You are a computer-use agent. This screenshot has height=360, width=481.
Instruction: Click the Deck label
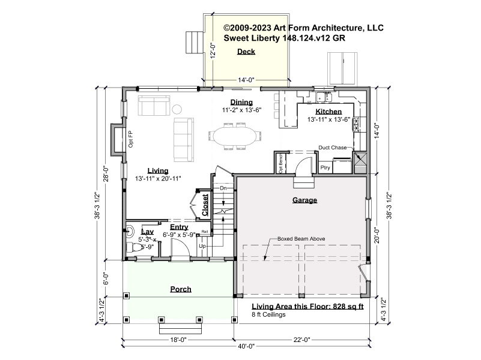[x=246, y=52]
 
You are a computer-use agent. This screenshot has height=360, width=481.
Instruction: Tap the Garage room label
[x=304, y=200]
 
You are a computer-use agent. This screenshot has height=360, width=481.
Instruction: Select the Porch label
[x=181, y=289]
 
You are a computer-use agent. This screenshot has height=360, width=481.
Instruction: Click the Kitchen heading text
[x=328, y=112]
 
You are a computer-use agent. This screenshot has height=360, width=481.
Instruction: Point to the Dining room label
[x=241, y=102]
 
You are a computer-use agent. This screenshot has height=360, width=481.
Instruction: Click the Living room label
[x=158, y=170]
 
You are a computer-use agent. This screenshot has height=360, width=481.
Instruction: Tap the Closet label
[x=205, y=205]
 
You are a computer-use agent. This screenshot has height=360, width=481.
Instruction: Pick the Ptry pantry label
[x=325, y=167]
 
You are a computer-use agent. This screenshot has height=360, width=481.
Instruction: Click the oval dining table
[x=235, y=136]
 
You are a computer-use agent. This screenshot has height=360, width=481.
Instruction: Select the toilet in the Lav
[x=135, y=247]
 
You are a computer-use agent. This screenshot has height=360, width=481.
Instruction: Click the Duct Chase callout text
[x=333, y=148]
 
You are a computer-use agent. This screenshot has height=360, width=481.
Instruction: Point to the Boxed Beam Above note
[x=301, y=239]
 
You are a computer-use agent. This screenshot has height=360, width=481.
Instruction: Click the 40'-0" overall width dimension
[x=246, y=347]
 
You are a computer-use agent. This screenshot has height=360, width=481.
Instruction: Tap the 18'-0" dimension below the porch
[x=178, y=340]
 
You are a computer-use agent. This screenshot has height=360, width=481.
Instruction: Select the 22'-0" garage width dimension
[x=302, y=340]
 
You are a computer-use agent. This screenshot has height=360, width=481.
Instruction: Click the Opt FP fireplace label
[x=131, y=139]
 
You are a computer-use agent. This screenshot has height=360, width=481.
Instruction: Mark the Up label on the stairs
[x=202, y=246]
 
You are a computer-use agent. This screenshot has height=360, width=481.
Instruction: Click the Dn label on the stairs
[x=223, y=188]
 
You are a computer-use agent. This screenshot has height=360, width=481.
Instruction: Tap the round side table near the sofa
[x=177, y=109]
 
